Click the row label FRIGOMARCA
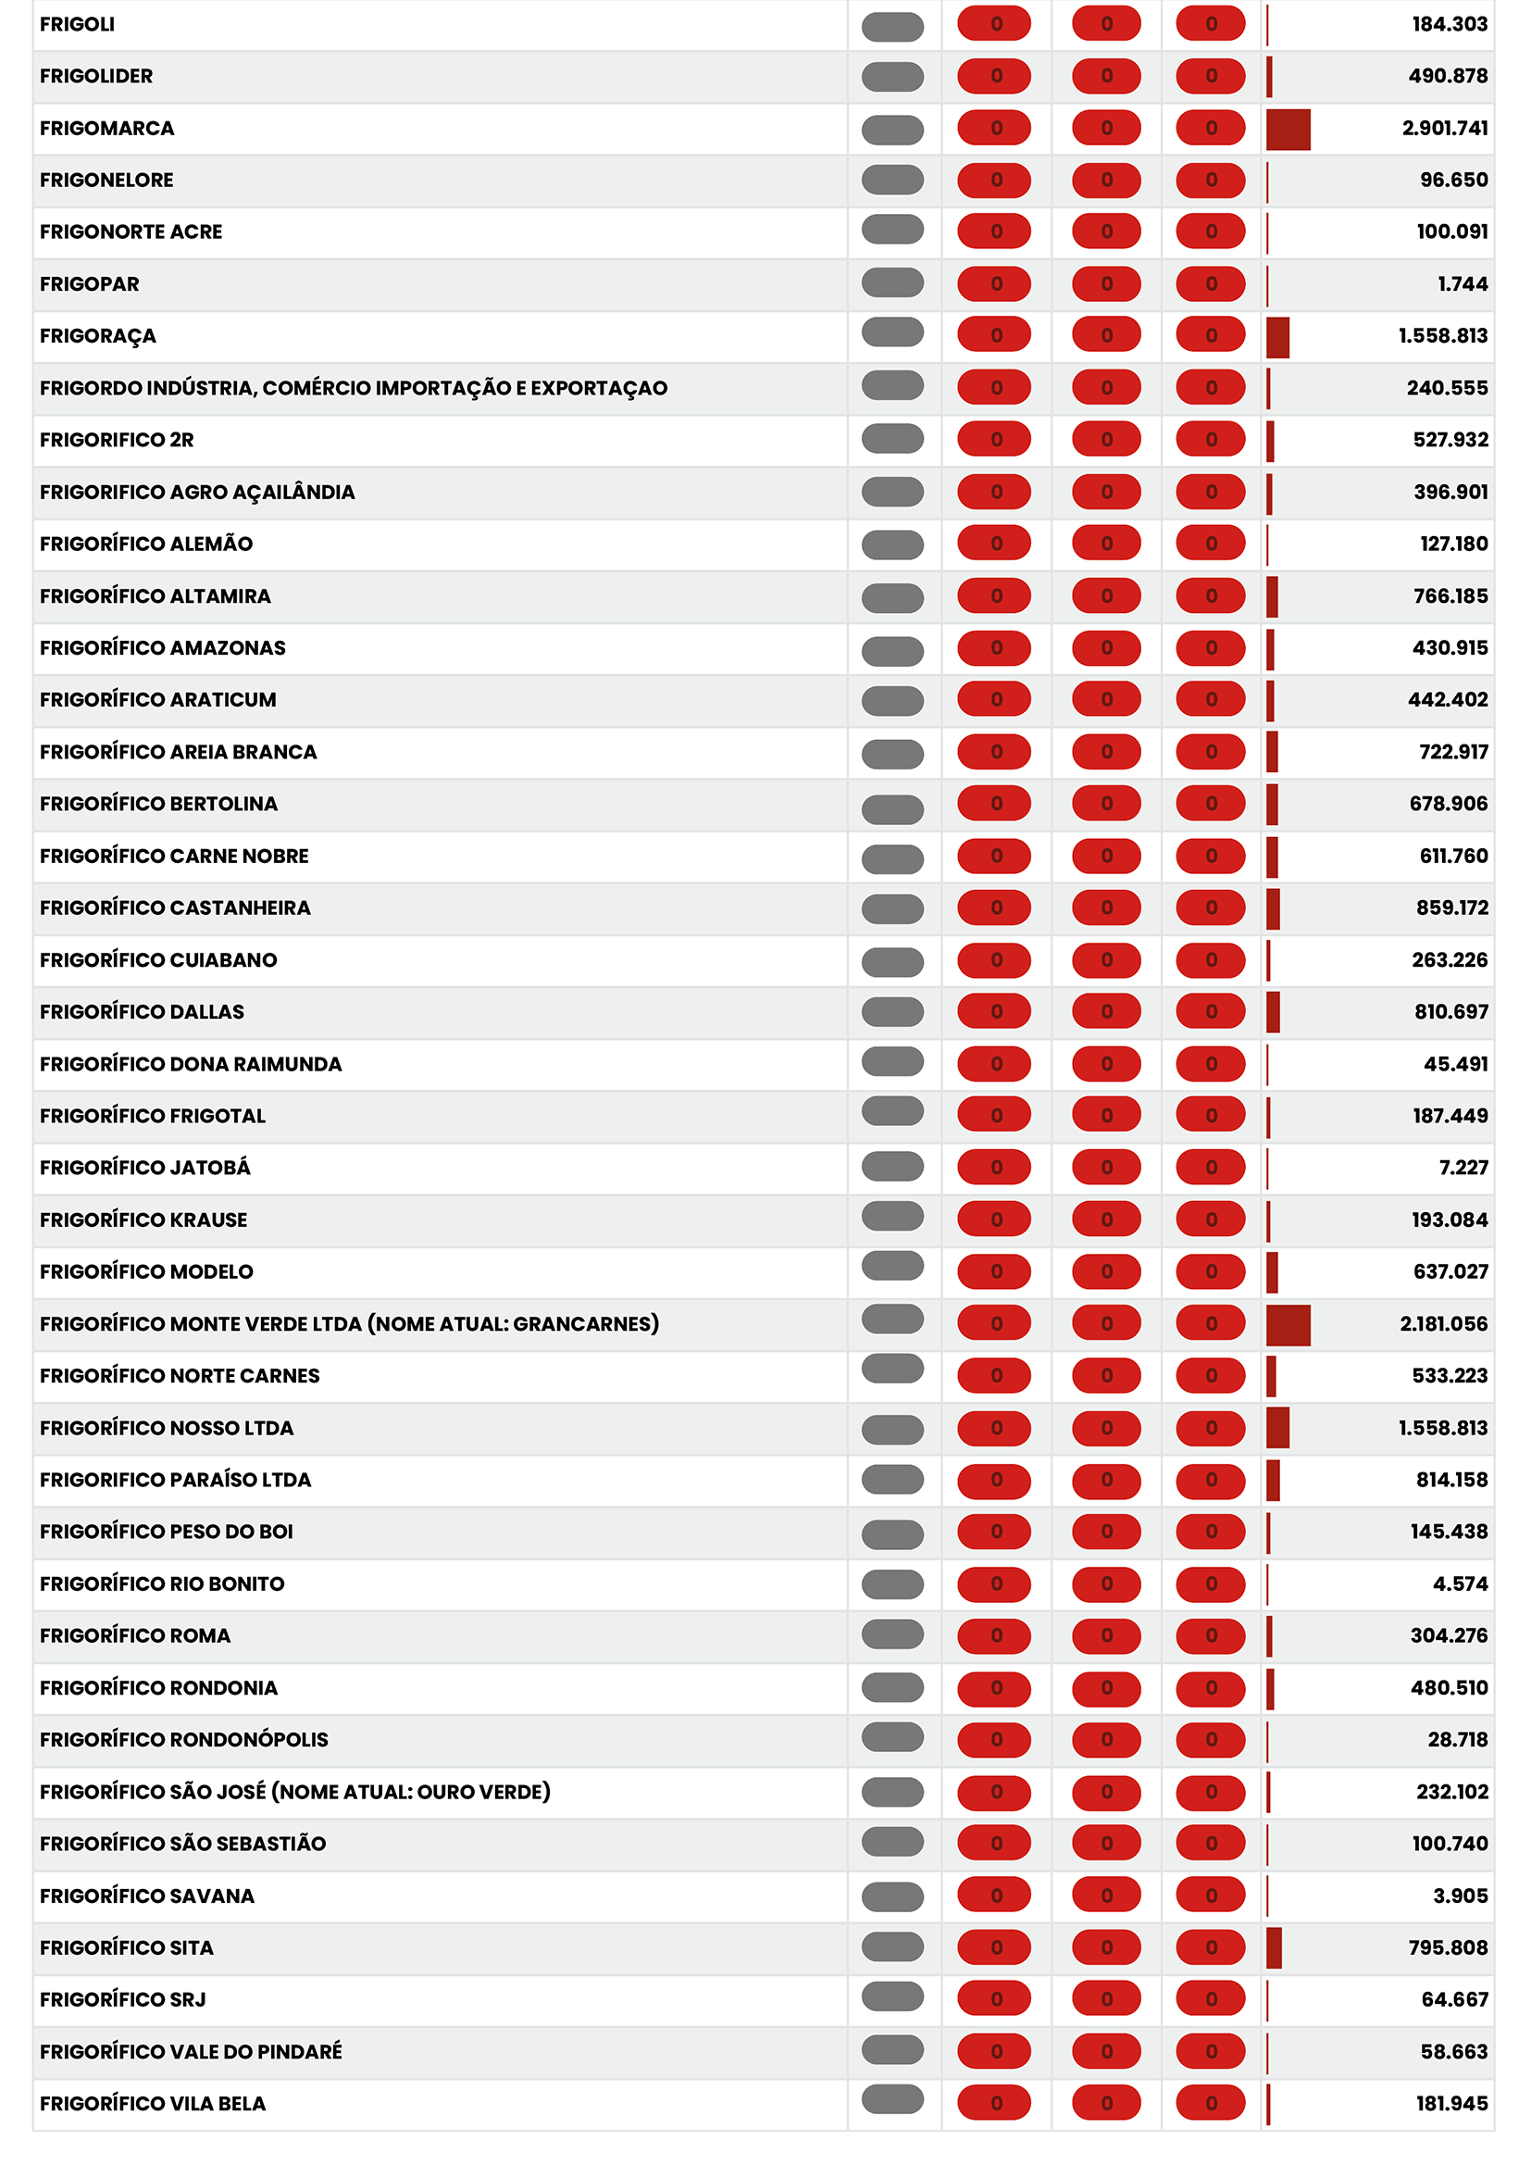pos(106,128)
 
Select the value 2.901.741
pos(1444,128)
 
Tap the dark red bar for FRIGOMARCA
pos(1288,130)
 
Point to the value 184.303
pos(1449,24)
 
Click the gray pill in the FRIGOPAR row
pos(891,282)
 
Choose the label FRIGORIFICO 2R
pos(117,440)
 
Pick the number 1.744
pos(1463,284)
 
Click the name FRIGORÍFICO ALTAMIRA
pos(156,596)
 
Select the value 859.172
pos(1451,907)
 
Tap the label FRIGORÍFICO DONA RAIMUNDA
pos(191,1064)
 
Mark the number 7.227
pos(1463,1168)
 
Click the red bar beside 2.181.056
pos(1288,1325)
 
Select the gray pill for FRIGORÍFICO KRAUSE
pos(891,1218)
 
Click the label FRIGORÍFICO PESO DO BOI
pos(166,1532)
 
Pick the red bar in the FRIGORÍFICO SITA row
pos(1274,1948)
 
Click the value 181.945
pos(1451,2104)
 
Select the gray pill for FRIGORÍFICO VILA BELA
pos(891,2099)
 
